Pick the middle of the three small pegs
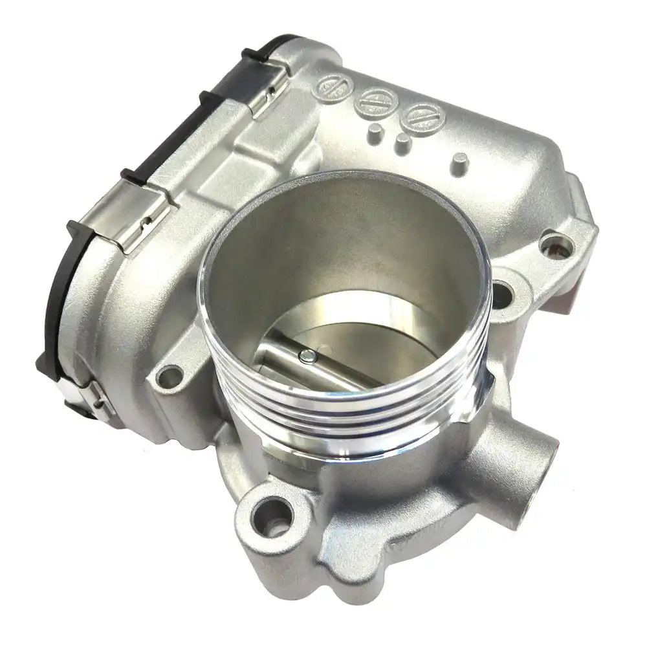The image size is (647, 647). click(402, 143)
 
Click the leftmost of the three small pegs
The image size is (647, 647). click(373, 133)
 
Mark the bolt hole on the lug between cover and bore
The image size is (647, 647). click(170, 373)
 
